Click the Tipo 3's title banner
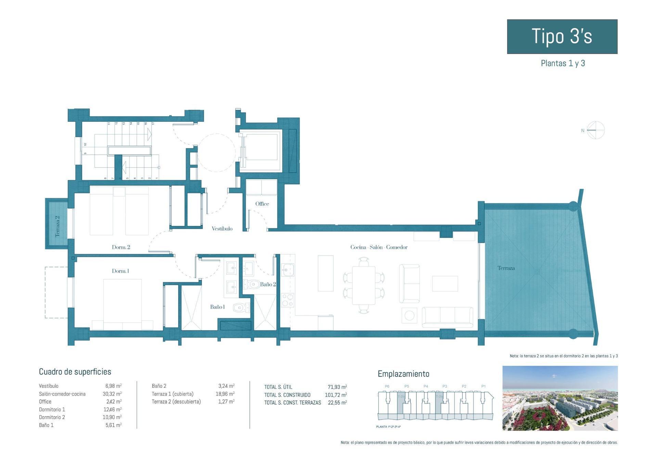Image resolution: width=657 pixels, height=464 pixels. tap(562, 37)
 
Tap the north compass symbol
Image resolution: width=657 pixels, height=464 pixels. tap(596, 130)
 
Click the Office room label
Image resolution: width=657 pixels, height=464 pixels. tap(262, 204)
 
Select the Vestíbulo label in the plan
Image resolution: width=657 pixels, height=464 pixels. tap(222, 229)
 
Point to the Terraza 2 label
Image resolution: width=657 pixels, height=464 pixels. tap(57, 226)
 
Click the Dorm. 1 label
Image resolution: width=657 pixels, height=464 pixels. tap(120, 271)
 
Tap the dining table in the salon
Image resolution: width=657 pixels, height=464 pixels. tap(363, 285)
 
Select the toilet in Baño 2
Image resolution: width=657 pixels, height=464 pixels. tap(253, 284)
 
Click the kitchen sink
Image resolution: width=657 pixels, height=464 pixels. tap(287, 270)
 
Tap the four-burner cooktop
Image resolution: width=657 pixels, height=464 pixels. tap(287, 300)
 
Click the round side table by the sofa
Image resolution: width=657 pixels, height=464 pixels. tap(410, 315)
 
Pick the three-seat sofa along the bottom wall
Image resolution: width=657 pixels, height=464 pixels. tap(447, 317)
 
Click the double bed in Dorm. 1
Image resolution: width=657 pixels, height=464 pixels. tap(123, 304)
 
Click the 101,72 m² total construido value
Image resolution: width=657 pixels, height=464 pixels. tap(336, 395)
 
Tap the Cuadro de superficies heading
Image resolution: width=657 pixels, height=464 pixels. tap(75, 372)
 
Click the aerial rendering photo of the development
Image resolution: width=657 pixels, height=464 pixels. tap(560, 398)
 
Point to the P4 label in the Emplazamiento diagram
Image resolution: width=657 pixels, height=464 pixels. tap(426, 386)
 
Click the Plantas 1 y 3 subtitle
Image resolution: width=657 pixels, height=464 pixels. tap(563, 63)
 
